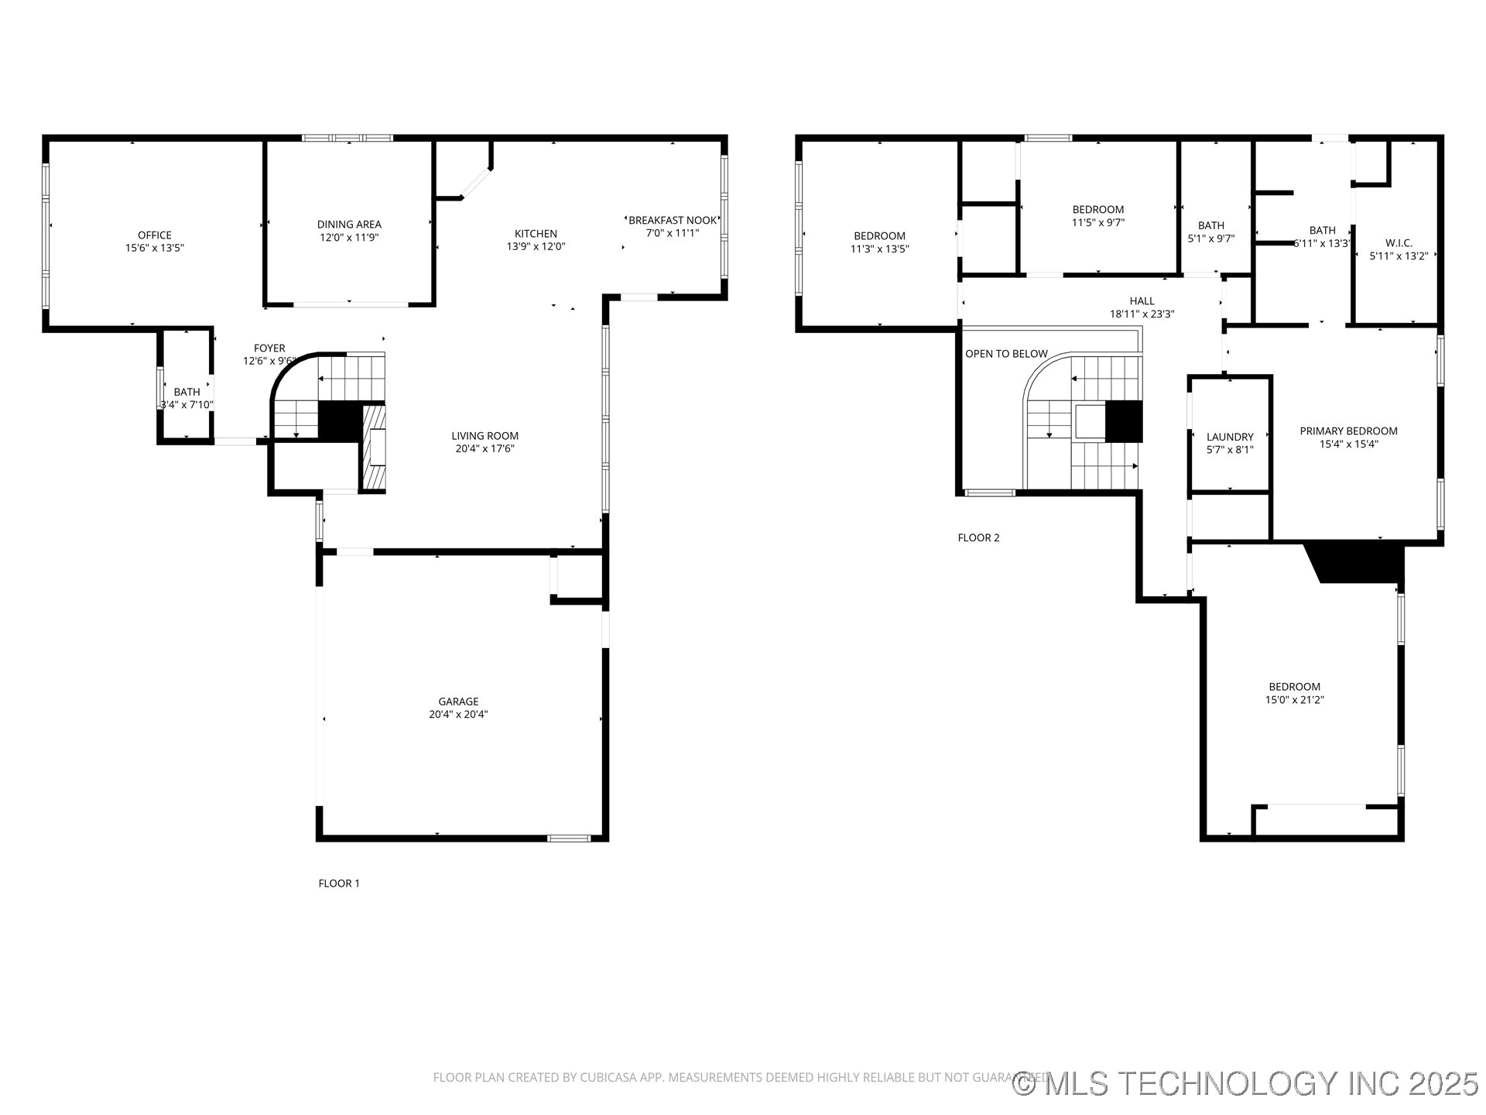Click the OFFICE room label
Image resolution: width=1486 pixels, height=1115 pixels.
point(155,235)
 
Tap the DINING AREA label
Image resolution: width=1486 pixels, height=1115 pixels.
point(349,225)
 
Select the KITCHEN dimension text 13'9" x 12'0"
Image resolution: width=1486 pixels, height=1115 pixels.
point(536,247)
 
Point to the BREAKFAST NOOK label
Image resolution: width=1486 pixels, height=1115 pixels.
point(673,221)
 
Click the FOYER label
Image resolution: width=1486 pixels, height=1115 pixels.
point(269,348)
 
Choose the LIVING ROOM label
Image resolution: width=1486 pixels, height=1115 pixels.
point(485,436)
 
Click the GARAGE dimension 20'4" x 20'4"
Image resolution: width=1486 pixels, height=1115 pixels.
point(458,715)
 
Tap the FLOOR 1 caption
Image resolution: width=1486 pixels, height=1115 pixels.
point(339,883)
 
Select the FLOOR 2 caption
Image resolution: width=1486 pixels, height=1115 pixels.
point(978,538)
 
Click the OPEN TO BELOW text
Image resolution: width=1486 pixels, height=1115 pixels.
point(1006,354)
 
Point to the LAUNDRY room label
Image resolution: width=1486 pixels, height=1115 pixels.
point(1230,437)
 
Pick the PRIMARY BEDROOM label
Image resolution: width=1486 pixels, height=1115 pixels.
point(1348,431)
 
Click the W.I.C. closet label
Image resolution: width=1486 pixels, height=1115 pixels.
point(1399,243)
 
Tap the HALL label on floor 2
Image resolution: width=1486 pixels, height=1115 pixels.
point(1142,301)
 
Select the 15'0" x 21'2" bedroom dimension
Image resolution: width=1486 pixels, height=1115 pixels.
point(1294,700)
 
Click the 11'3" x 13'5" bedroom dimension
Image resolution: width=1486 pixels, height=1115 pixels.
point(879,249)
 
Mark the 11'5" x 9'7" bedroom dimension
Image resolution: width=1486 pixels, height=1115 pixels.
point(1097,222)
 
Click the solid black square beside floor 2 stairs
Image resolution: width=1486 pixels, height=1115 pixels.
point(1124,421)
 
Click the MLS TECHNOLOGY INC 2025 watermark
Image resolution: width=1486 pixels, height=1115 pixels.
point(1245,1083)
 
